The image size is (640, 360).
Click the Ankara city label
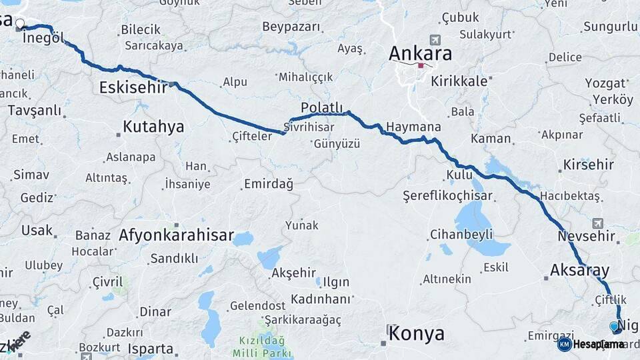[420, 53]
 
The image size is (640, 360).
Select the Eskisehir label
[133, 87]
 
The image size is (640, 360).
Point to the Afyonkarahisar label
[176, 235]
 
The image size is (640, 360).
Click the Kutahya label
[153, 127]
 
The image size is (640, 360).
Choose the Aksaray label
[579, 270]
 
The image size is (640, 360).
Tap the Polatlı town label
[321, 108]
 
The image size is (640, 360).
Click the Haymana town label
[413, 127]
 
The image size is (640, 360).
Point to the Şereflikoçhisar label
[447, 195]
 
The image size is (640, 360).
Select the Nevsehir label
[586, 237]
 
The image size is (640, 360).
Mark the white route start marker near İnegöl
[19, 25]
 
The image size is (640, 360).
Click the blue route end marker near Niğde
[614, 327]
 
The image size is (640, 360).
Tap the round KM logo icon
[564, 344]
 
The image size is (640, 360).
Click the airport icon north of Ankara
[435, 40]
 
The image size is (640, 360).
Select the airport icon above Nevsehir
[596, 223]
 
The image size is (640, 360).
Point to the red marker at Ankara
[421, 65]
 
